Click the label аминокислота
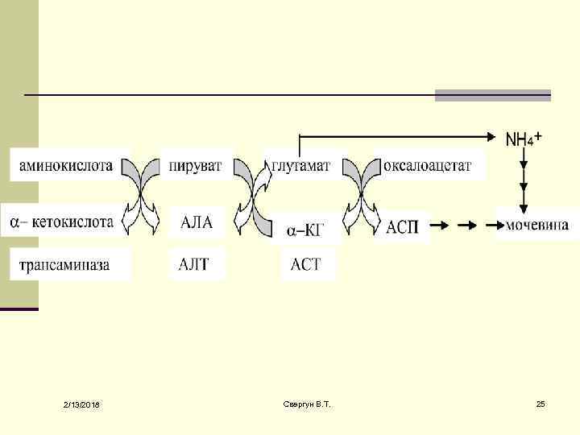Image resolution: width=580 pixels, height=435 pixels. (61, 168)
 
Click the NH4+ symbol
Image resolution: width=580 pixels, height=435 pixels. (523, 139)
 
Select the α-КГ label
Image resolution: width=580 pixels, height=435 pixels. (304, 230)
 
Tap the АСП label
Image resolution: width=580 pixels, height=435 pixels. (403, 226)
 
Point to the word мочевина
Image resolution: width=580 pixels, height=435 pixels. (537, 225)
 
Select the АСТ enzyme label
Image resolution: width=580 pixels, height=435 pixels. (305, 264)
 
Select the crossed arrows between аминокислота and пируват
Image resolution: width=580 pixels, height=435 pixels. (142, 194)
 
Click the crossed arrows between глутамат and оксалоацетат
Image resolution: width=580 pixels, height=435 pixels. (362, 194)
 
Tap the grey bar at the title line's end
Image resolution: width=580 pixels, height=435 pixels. (492, 95)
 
